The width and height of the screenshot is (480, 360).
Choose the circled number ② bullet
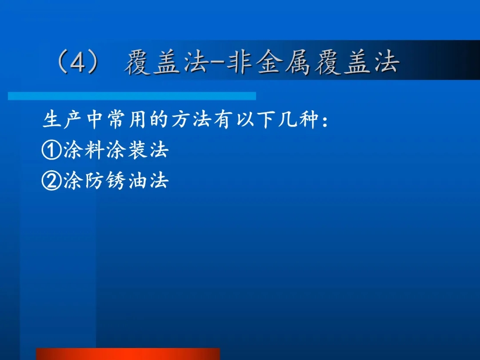[x=52, y=180]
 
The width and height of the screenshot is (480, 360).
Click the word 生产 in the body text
[x=62, y=119]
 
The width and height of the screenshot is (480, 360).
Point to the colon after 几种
[x=325, y=120]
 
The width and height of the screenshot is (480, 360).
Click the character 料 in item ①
[x=94, y=150]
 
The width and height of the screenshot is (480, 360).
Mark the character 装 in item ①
[x=137, y=150]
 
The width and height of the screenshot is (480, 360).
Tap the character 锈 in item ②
[x=116, y=180]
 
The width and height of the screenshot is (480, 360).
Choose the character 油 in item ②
[x=137, y=180]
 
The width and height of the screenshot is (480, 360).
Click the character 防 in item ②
[x=94, y=180]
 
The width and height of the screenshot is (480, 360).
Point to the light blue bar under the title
[x=132, y=96]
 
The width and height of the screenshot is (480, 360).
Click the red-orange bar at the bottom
[x=128, y=354]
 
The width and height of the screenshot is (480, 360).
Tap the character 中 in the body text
[x=94, y=119]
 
